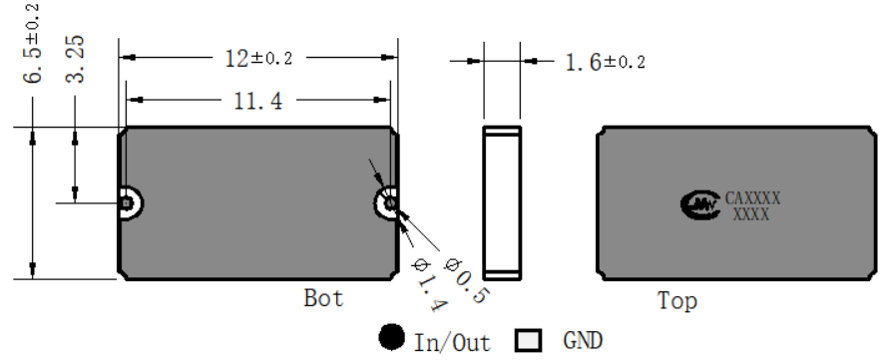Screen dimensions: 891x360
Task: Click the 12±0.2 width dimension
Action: pos(258,58)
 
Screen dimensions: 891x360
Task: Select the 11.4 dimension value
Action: pos(258,101)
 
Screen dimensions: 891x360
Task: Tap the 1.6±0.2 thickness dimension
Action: pos(606,61)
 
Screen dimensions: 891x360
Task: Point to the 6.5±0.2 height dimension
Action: pos(32,44)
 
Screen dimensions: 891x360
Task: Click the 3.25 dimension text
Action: pos(75,59)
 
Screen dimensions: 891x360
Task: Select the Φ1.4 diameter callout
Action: pos(429,285)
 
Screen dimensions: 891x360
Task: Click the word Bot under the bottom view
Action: pos(323,298)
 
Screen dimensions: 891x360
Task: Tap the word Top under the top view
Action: pos(677,300)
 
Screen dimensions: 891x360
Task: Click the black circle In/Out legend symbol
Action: pos(391,337)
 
